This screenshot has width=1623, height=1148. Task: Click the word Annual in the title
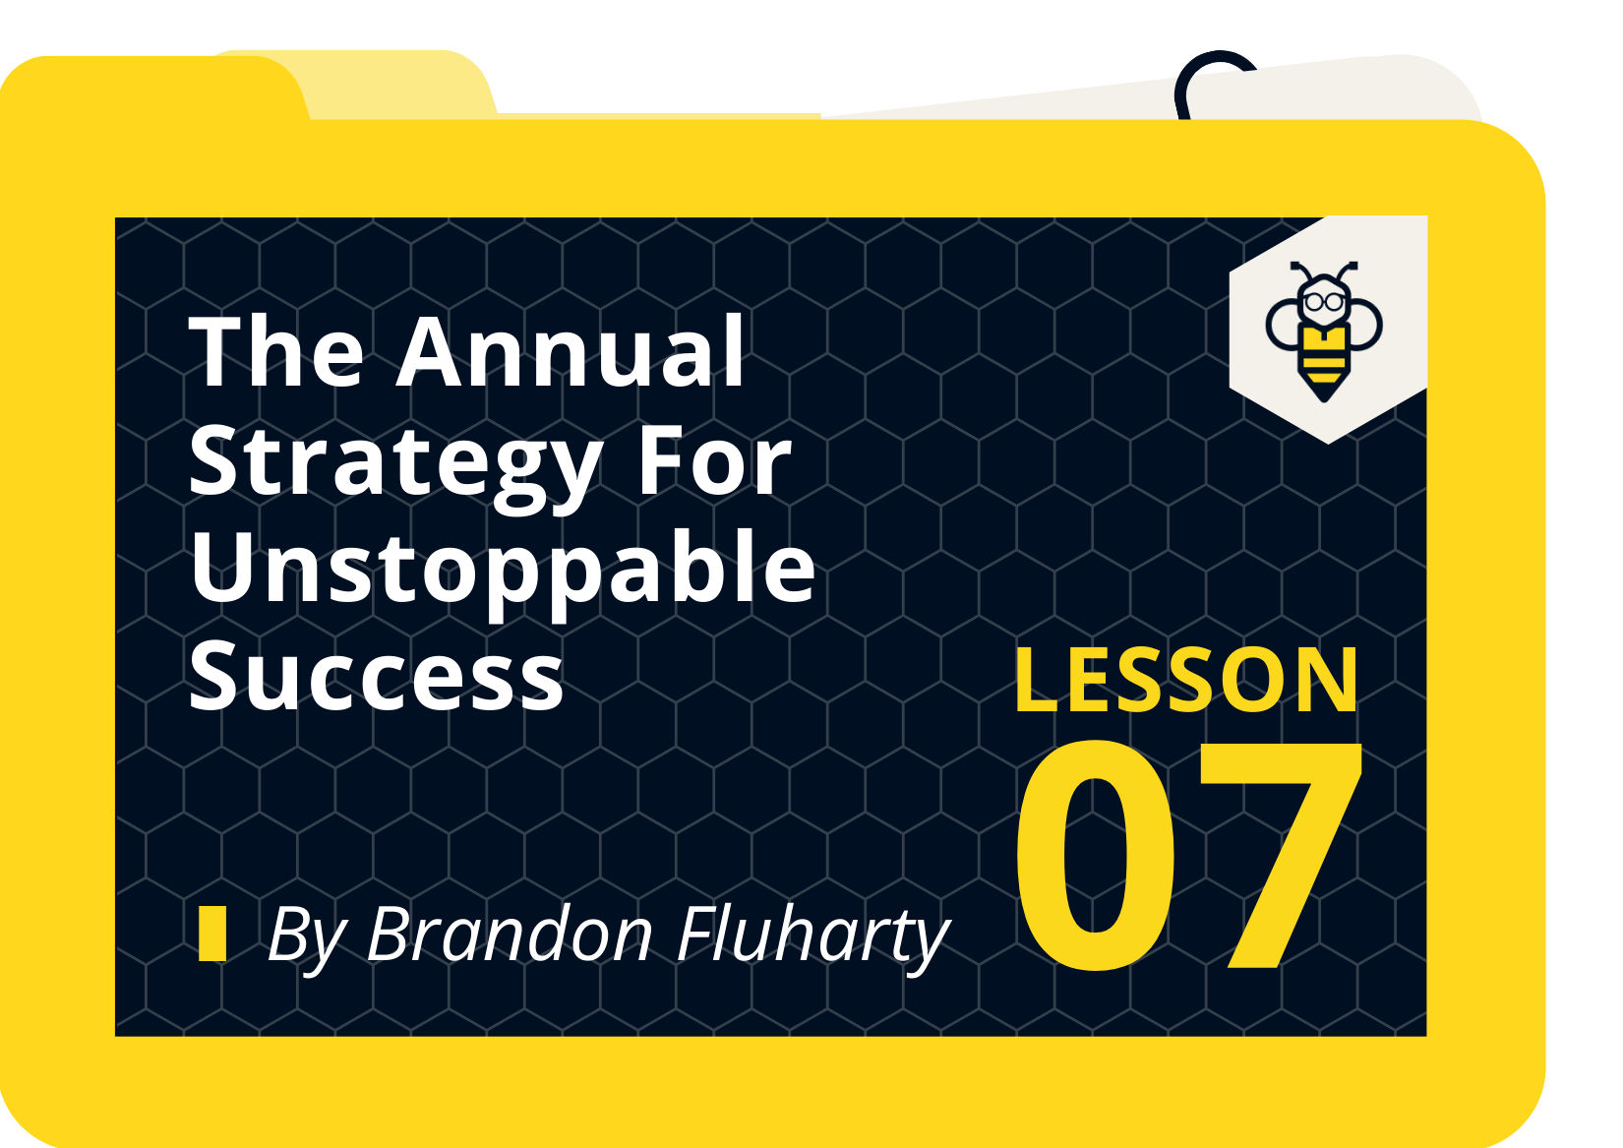[571, 352]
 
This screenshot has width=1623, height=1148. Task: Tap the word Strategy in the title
[393, 462]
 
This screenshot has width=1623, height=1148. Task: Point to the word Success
[376, 677]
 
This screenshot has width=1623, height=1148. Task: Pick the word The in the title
[276, 352]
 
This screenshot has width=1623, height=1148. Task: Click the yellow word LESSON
[1186, 680]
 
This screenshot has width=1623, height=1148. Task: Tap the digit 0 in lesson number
[1097, 856]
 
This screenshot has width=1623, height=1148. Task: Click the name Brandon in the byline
[510, 935]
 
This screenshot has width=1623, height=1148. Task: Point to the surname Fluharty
[812, 935]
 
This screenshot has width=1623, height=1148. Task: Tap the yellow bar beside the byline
[211, 933]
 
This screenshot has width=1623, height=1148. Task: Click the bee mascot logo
[1325, 329]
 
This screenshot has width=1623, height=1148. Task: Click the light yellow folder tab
[393, 84]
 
